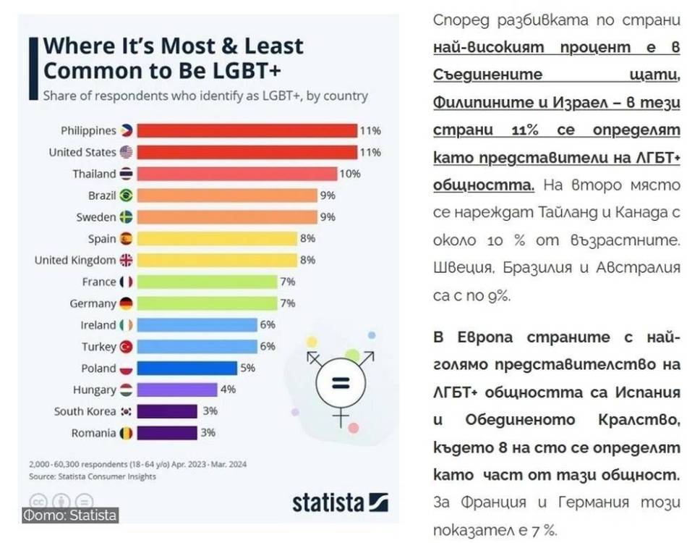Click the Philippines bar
tap(247, 131)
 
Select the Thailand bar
tap(237, 174)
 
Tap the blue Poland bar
tap(187, 368)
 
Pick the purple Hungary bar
tap(177, 390)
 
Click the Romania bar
tap(167, 433)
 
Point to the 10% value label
tap(350, 174)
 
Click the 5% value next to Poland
tap(248, 368)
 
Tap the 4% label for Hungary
tap(228, 390)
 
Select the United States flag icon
tap(126, 152)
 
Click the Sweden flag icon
tap(126, 217)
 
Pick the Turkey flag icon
tap(126, 347)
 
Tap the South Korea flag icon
tap(126, 411)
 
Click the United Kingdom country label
tap(75, 260)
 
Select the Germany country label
tap(93, 303)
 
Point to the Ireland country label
tap(98, 325)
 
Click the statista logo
tap(340, 502)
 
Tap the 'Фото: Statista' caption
tap(70, 515)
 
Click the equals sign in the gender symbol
tap(341, 383)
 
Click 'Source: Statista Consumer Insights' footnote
tap(93, 476)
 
